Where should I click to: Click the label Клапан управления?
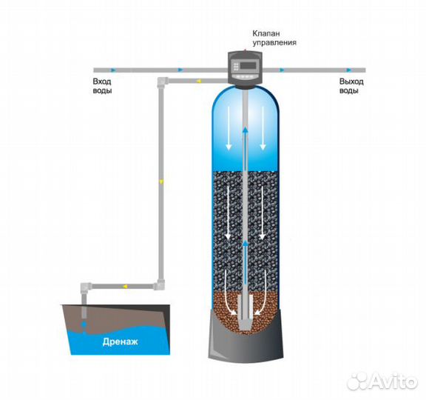pos(274,38)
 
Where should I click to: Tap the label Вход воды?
pos(102,86)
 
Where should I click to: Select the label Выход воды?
pos(351,86)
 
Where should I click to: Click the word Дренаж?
pos(120,341)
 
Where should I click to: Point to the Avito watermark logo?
pos(382,381)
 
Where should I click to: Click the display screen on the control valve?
pos(248,66)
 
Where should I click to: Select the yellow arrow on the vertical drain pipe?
pos(162,181)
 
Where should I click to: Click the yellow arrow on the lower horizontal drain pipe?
pos(125,286)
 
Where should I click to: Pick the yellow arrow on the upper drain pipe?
pos(199,81)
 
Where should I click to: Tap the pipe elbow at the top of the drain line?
pos(162,81)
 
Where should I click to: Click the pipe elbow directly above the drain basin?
pos(86,287)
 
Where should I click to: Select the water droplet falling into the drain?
pos(84,324)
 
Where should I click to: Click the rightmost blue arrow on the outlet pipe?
pos(349,70)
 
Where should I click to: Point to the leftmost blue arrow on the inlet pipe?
pos(112,70)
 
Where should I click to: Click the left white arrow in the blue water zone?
pos(229,128)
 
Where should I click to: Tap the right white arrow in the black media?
pos(263,213)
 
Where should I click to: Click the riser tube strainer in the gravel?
pos(246,313)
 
